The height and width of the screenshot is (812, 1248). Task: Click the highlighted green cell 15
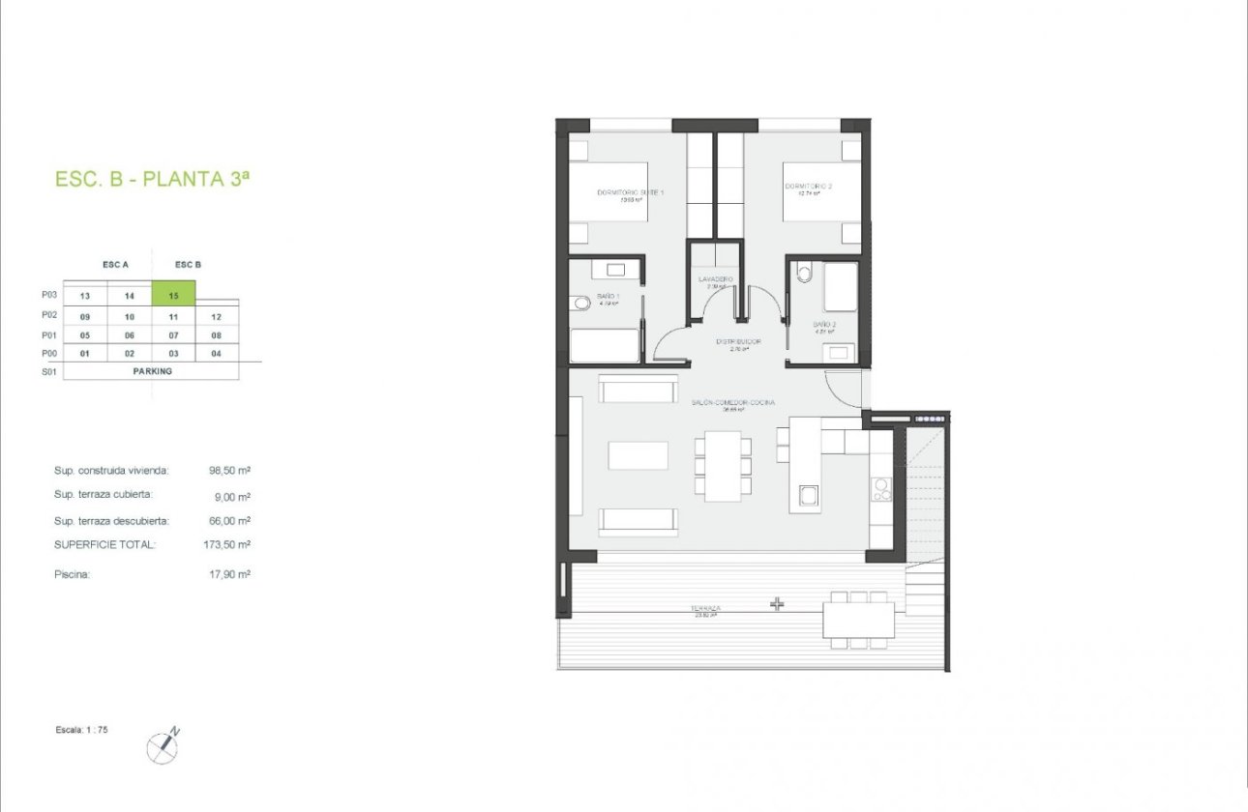(174, 295)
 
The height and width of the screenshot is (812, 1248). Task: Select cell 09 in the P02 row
(85, 316)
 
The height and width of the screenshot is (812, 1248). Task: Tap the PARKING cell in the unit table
(152, 370)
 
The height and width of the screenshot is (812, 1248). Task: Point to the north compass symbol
(163, 745)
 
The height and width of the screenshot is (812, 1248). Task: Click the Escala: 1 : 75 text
(81, 730)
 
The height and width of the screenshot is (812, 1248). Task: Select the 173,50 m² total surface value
(229, 545)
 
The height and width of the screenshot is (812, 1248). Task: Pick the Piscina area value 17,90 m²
(229, 574)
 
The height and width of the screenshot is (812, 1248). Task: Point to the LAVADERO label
(716, 279)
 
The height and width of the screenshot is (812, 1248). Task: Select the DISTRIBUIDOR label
(738, 341)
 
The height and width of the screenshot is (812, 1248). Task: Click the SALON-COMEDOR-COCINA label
(732, 402)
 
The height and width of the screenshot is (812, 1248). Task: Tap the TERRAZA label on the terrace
(705, 609)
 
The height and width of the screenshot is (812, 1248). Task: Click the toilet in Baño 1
(580, 304)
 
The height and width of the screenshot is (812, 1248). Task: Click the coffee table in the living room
(638, 455)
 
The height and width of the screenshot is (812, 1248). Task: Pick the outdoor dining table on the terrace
(859, 620)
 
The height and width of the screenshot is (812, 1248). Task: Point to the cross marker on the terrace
(777, 604)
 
